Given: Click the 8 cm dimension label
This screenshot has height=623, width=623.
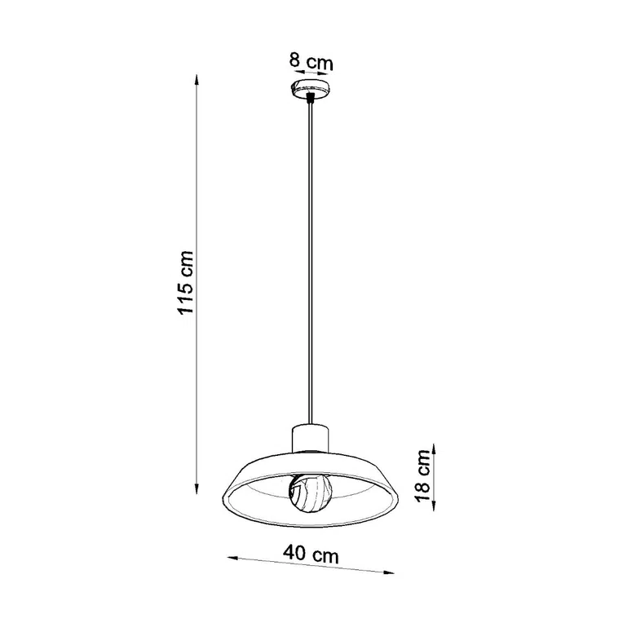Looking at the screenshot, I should [311, 60].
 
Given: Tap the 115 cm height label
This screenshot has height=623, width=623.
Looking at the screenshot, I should [186, 282].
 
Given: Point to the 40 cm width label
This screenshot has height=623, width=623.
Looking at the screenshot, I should [311, 555].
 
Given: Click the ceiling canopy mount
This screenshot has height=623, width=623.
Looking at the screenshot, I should [311, 87].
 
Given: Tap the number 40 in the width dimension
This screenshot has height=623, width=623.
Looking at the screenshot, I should [296, 554].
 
